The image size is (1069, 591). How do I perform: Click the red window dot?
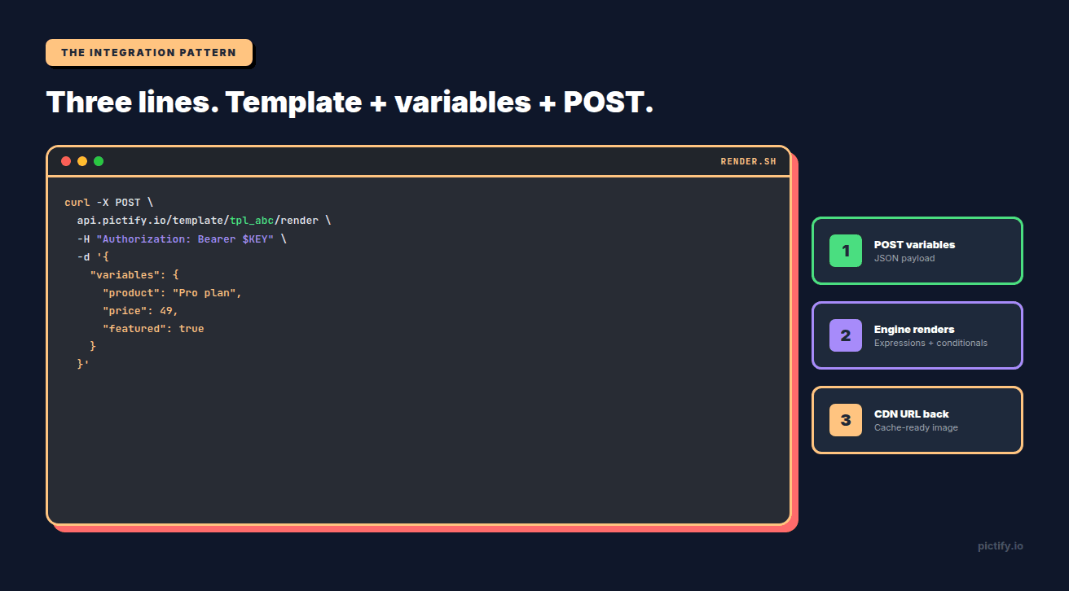66,161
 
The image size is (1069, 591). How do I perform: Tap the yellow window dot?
82,161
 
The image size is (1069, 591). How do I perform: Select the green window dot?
99,161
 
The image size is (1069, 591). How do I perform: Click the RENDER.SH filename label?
748,162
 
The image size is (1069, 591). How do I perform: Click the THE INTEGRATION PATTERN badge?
148,53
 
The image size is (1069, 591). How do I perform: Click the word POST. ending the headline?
609,103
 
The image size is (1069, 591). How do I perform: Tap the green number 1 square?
845,251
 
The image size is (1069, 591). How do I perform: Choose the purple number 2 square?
845,335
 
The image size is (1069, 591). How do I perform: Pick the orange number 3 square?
845,420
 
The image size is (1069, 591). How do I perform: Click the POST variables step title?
914,244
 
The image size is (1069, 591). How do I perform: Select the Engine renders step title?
914,329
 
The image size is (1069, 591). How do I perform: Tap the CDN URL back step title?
911,414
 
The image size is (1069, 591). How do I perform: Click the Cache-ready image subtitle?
916,427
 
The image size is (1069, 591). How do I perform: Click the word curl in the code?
77,203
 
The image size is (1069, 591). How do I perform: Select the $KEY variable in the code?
257,239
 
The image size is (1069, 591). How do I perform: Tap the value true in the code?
191,329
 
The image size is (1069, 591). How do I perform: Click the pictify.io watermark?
1000,545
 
